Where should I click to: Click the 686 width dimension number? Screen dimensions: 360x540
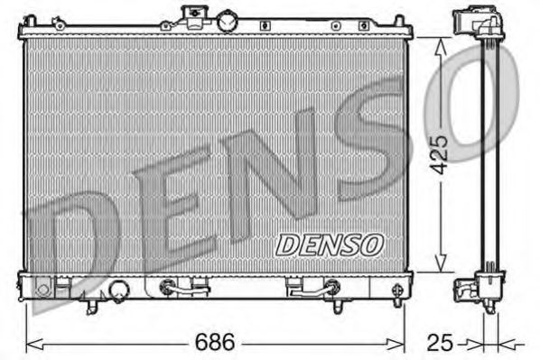point(215,343)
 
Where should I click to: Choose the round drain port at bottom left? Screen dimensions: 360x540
point(117,291)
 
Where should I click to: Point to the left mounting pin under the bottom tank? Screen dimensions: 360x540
point(90,308)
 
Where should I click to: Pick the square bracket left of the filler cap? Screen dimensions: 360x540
point(191,13)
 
